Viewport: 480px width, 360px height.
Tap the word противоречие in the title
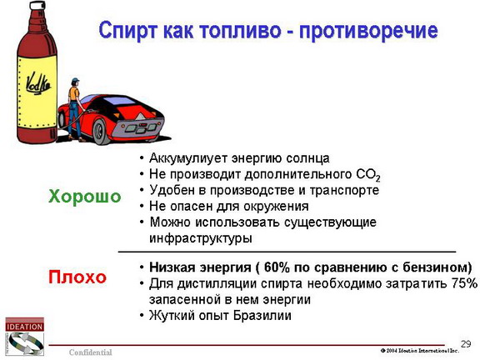tap(368, 31)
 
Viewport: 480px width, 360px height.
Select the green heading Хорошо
tap(85, 196)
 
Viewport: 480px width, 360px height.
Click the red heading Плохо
tap(77, 277)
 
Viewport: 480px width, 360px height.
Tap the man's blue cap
tap(75, 81)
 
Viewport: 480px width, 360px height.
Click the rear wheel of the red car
tap(101, 132)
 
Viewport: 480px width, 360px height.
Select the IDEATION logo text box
tap(24, 327)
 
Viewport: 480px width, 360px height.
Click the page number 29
tap(466, 344)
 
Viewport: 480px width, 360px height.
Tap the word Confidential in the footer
tap(90, 352)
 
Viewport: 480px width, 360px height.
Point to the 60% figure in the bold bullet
tap(277, 267)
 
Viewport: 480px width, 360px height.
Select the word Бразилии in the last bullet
tap(262, 315)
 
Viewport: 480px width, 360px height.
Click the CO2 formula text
tap(368, 175)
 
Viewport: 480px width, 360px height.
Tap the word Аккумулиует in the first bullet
tap(188, 158)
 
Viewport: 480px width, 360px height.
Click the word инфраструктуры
tap(201, 238)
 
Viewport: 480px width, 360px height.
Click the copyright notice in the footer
tap(420, 351)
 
